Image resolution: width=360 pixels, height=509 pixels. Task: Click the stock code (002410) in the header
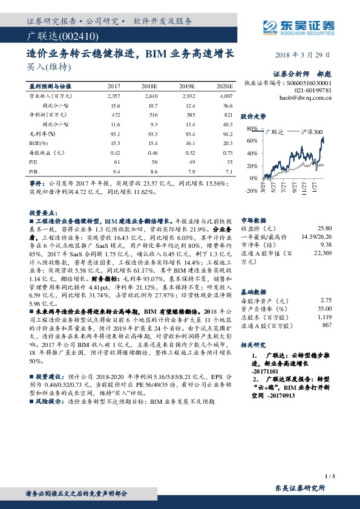pyautogui.click(x=66, y=37)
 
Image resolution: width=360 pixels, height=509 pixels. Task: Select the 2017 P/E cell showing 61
pyautogui.click(x=117, y=162)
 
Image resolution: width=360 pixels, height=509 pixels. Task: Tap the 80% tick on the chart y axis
pyautogui.click(x=253, y=129)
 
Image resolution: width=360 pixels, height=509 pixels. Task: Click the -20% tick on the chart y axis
pyautogui.click(x=252, y=190)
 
